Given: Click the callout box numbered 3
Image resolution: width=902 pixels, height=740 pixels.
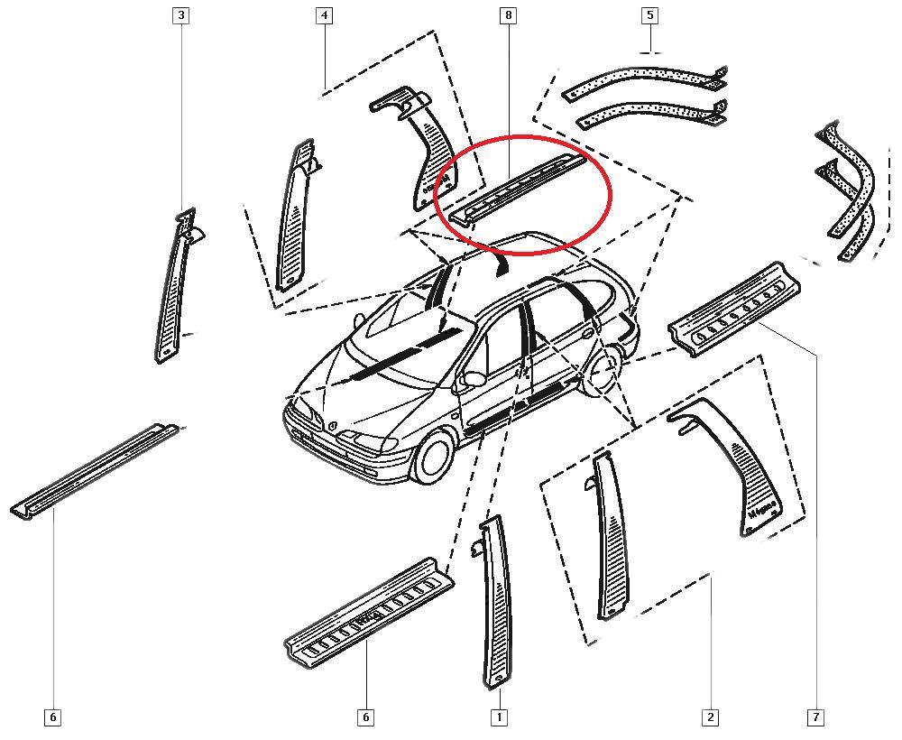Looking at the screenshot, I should coord(181,15).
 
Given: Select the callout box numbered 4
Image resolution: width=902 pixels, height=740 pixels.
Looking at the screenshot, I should coord(324,15).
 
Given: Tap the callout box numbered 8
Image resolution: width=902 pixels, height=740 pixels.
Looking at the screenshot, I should coord(509,15).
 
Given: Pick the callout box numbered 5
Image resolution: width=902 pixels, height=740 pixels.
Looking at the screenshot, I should coord(649,15).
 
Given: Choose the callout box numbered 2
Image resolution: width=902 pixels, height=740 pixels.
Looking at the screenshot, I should coord(710,717).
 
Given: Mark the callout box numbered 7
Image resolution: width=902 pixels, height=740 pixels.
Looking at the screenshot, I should coord(815,717).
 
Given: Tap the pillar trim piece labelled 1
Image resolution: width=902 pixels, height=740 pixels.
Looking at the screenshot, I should coord(497,605).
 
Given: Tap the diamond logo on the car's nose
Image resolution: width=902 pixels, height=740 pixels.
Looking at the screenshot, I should coord(333,424).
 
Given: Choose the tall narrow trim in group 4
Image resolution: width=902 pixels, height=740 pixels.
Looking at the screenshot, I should coord(295,217).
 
